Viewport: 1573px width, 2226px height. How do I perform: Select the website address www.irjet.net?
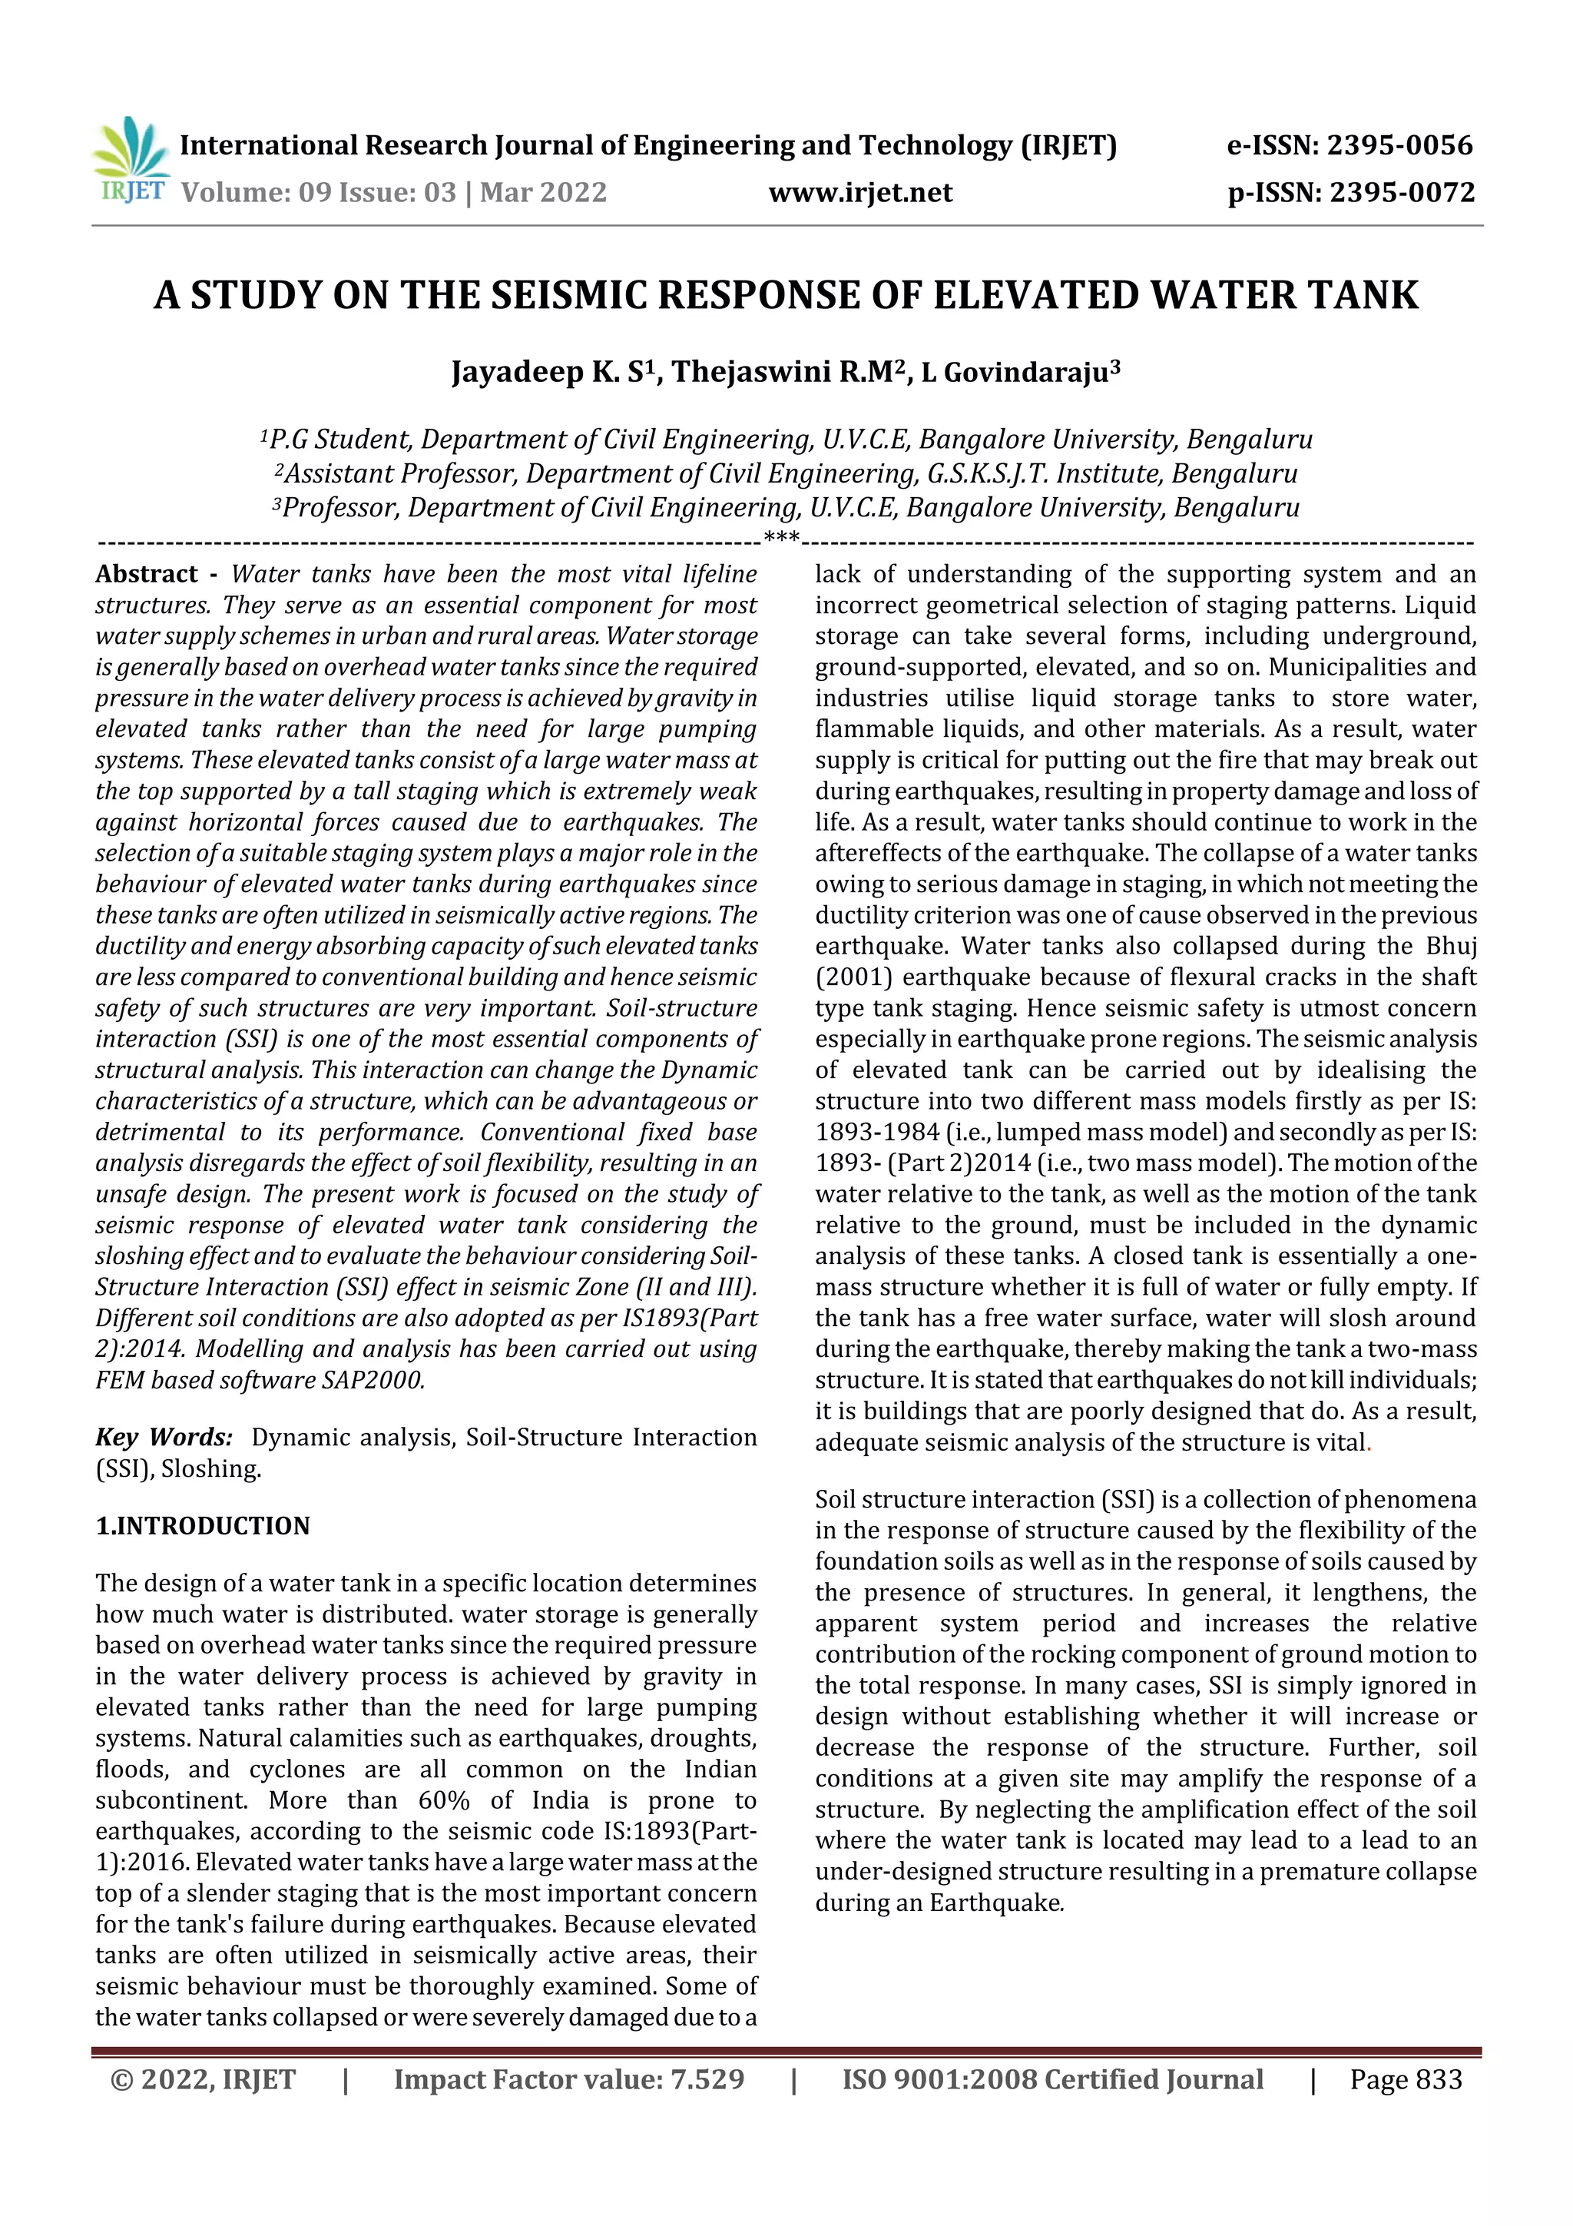tap(861, 192)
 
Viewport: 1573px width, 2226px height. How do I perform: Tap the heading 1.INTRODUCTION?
tap(203, 1526)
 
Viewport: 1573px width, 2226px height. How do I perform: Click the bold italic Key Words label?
tap(163, 1438)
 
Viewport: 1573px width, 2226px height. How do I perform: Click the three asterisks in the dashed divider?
tap(781, 537)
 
